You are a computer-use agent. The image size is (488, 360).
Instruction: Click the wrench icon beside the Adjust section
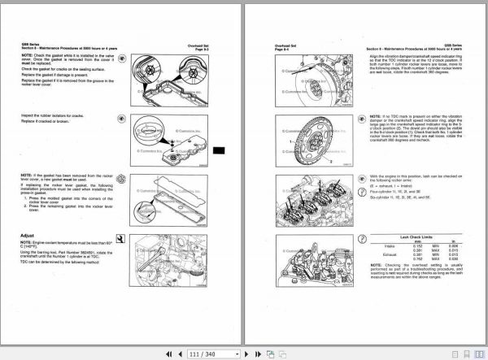[x=121, y=238]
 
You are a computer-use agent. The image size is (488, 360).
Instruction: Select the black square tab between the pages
[x=218, y=150]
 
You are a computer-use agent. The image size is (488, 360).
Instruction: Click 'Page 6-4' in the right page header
[x=281, y=51]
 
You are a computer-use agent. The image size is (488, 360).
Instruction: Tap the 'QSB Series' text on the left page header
[x=33, y=45]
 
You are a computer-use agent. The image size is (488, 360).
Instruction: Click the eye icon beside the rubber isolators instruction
[x=120, y=124]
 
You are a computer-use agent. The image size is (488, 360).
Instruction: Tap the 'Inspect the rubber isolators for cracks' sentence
[x=56, y=115]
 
